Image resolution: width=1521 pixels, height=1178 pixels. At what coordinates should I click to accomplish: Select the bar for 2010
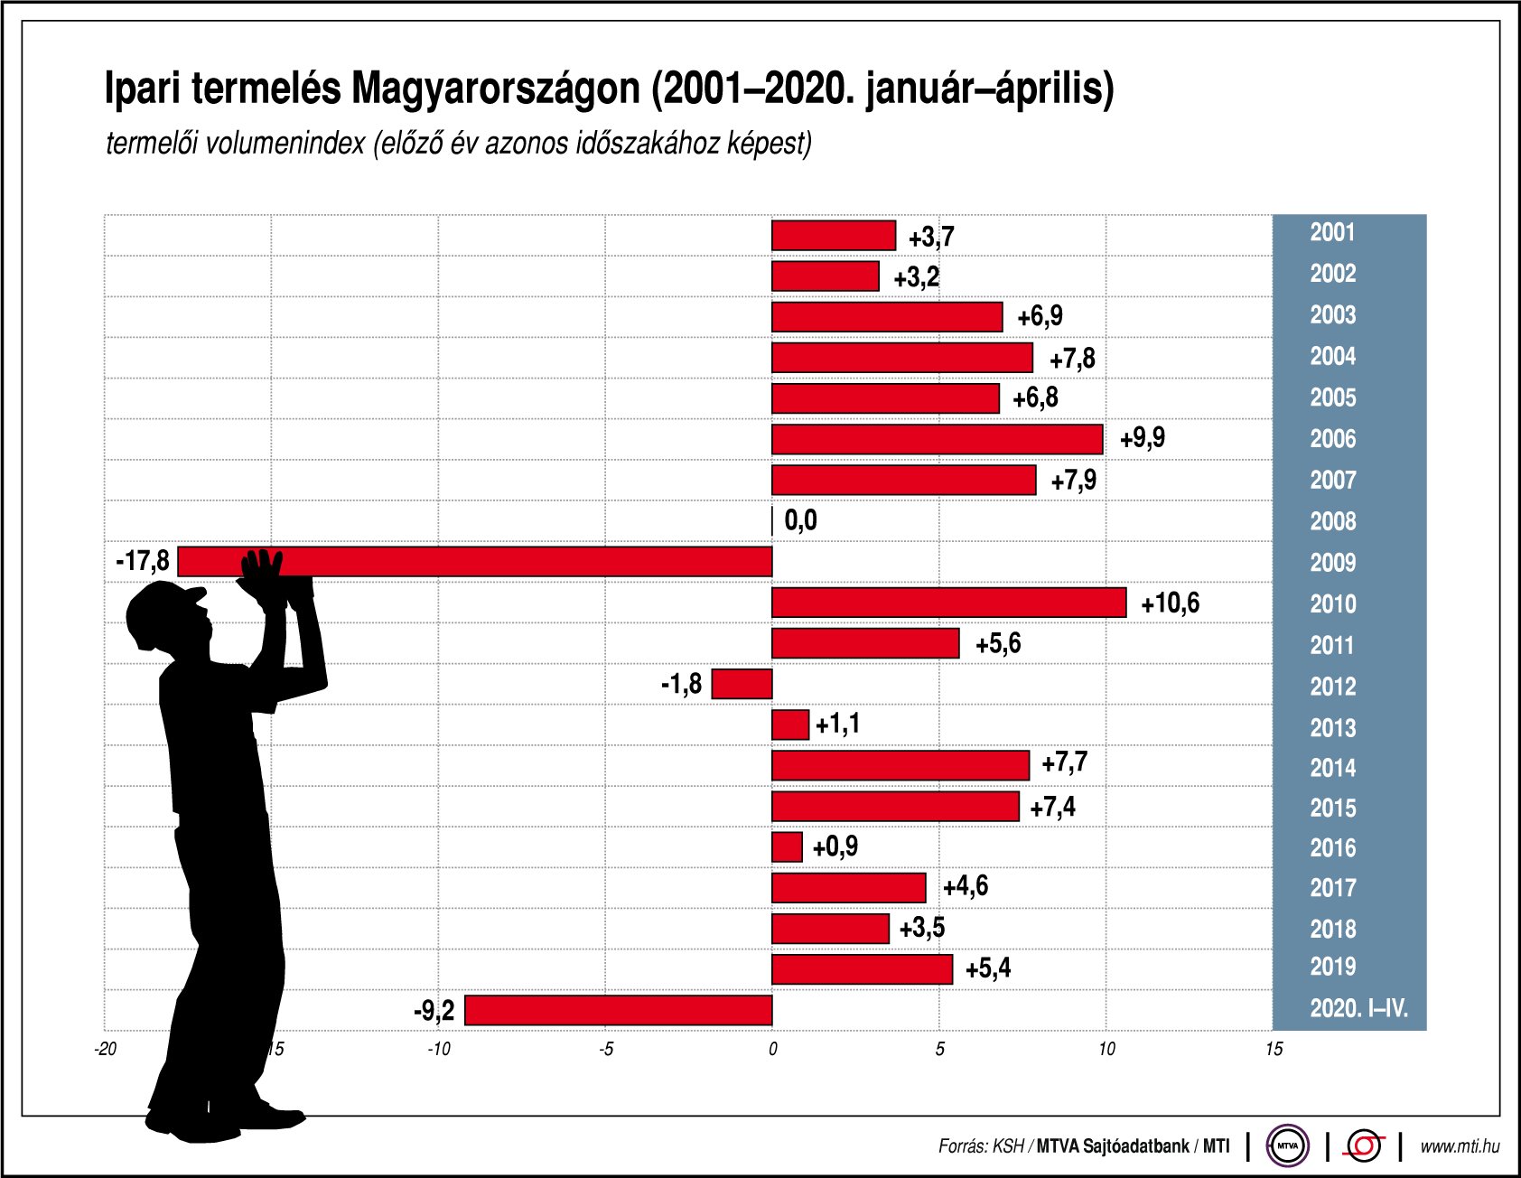pyautogui.click(x=948, y=603)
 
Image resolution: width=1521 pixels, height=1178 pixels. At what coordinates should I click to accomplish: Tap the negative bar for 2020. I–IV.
pyautogui.click(x=619, y=1010)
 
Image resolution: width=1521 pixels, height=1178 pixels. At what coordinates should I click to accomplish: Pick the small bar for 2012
pyautogui.click(x=742, y=684)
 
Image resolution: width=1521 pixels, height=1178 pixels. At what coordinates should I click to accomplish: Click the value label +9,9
pyautogui.click(x=1143, y=439)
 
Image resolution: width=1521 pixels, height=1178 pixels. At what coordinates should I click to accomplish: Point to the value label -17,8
pyautogui.click(x=143, y=561)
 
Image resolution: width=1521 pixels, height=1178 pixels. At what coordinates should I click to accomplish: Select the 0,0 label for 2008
pyautogui.click(x=800, y=520)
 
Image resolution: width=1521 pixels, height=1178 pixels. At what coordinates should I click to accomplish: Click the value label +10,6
pyautogui.click(x=1170, y=603)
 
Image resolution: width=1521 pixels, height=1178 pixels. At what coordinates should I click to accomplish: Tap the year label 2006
pyautogui.click(x=1332, y=439)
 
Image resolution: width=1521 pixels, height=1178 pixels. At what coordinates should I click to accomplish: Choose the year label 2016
pyautogui.click(x=1332, y=847)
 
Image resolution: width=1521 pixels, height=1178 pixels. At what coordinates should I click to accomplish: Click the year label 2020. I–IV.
pyautogui.click(x=1358, y=1008)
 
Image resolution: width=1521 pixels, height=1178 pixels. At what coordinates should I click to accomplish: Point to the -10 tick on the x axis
pyautogui.click(x=438, y=1049)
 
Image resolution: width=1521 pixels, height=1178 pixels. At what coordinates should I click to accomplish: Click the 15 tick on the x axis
pyautogui.click(x=1274, y=1049)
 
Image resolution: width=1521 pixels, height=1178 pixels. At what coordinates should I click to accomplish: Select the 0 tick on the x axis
pyautogui.click(x=772, y=1049)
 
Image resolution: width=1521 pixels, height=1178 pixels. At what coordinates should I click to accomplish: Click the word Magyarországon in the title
pyautogui.click(x=495, y=89)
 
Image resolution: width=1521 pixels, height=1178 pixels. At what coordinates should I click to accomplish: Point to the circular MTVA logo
pyautogui.click(x=1287, y=1146)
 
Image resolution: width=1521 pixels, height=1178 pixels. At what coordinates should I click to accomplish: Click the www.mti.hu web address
pyautogui.click(x=1460, y=1146)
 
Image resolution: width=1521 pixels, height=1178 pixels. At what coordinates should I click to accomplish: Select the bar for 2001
pyautogui.click(x=833, y=236)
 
